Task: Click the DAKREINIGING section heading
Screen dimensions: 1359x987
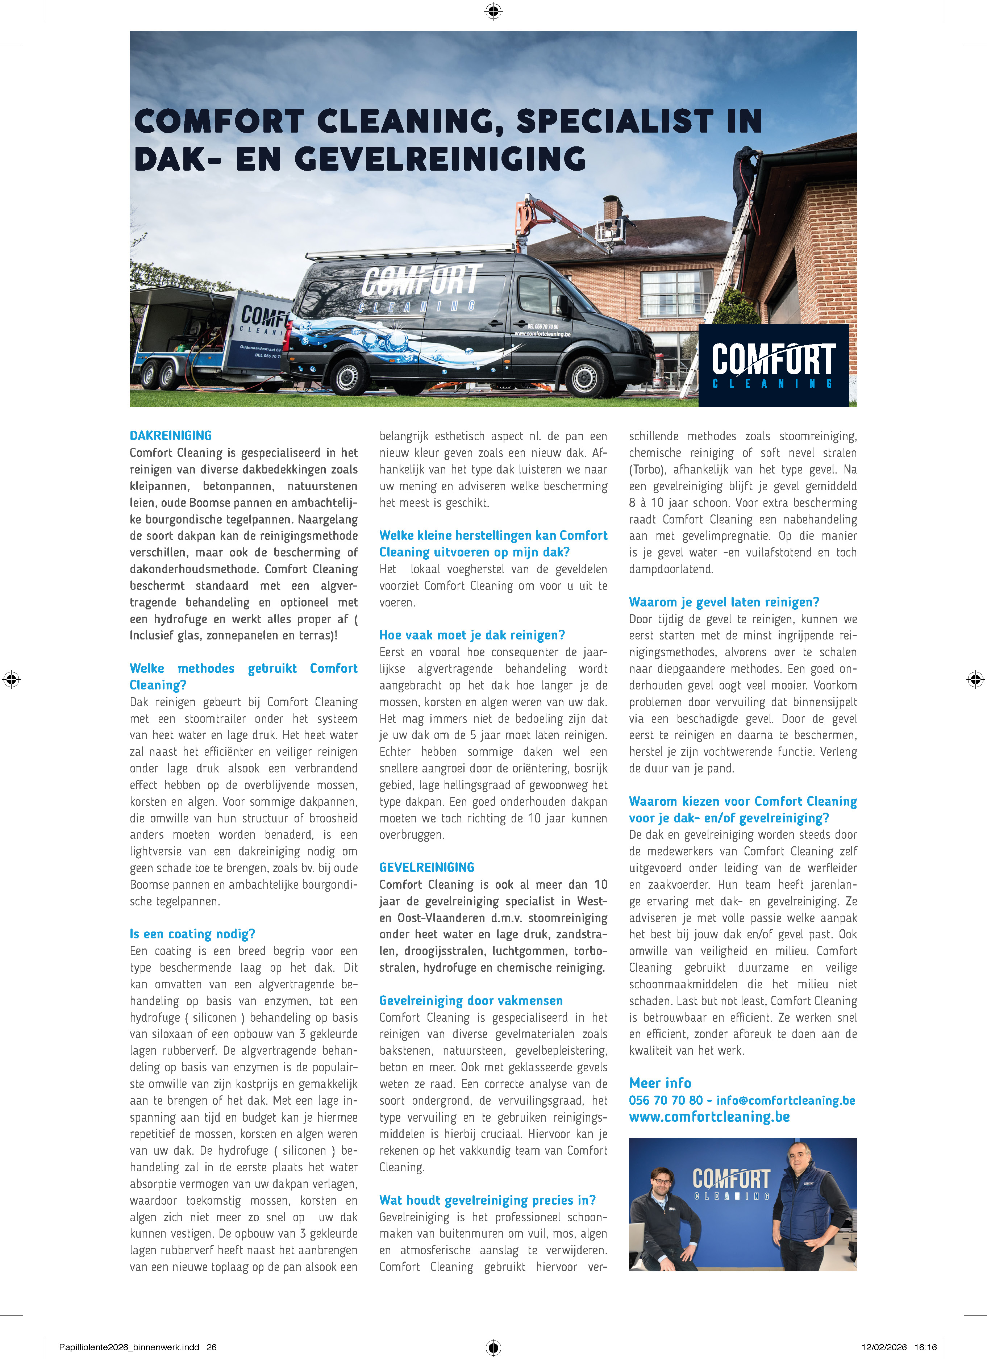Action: (x=171, y=435)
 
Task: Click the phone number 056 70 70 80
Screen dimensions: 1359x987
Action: (x=665, y=1100)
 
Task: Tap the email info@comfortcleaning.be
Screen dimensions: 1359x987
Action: (x=786, y=1100)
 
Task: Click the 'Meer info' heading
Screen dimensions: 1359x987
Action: (x=660, y=1083)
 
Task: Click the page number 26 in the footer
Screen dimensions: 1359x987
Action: (x=212, y=1347)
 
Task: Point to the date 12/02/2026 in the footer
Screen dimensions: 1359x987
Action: (x=884, y=1347)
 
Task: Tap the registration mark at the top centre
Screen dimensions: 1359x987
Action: (x=493, y=11)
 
